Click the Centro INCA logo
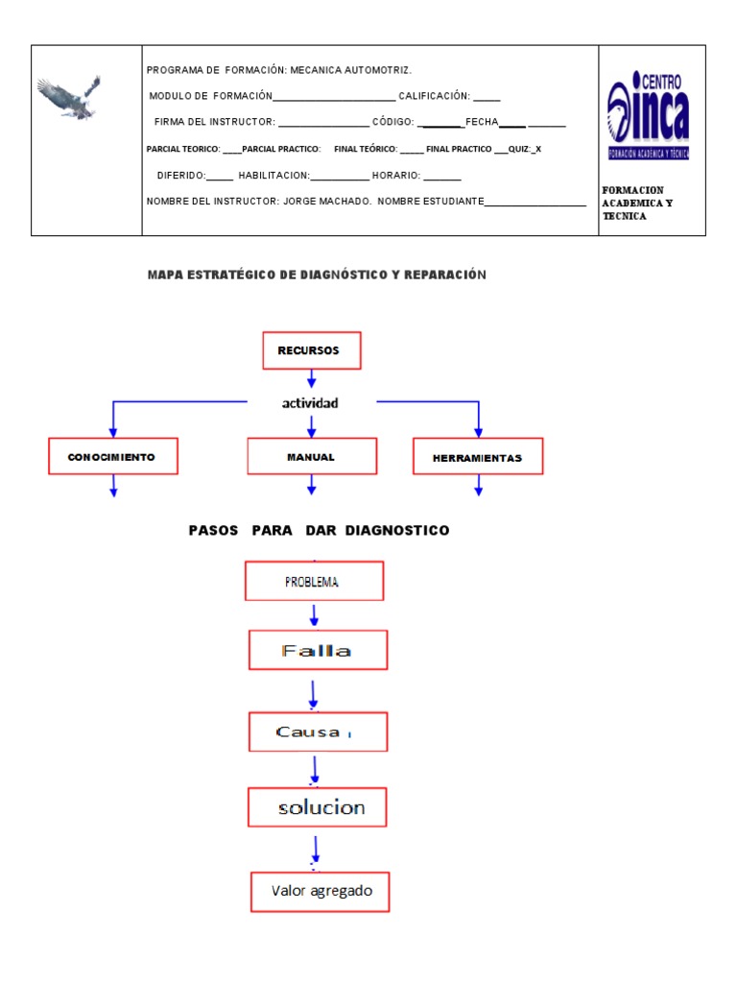point(648,117)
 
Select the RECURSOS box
point(312,351)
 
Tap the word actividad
point(310,403)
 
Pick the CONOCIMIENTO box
point(114,457)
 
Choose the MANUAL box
point(311,457)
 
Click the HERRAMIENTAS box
point(478,458)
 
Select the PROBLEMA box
point(314,582)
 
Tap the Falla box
point(318,651)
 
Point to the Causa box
point(318,731)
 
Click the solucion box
point(318,807)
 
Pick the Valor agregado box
point(321,892)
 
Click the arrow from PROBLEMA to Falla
point(315,615)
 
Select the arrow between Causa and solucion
point(316,770)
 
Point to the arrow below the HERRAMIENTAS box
point(479,487)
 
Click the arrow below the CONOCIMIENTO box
point(114,487)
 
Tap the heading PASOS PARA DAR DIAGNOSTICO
point(319,531)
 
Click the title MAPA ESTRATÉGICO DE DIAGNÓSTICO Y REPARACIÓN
point(317,276)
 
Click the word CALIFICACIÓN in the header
point(433,96)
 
